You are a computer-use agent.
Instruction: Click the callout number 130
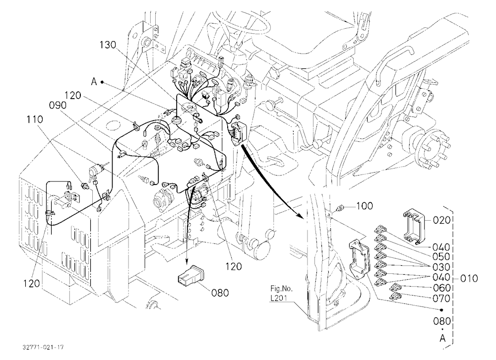click(x=108, y=45)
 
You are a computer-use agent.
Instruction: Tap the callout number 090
click(x=58, y=105)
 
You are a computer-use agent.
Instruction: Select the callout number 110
click(x=35, y=120)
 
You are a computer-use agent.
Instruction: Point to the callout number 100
click(x=365, y=206)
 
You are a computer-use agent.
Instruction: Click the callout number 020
click(x=441, y=220)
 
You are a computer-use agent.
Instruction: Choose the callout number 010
click(x=469, y=278)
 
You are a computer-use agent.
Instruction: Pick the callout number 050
click(x=441, y=256)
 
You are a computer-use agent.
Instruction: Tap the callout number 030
click(x=441, y=267)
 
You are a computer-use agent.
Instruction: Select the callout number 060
click(x=442, y=288)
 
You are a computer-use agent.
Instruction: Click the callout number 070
click(x=442, y=299)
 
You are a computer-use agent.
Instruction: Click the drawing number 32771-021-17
click(x=43, y=347)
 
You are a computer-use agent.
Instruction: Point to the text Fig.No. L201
click(x=281, y=293)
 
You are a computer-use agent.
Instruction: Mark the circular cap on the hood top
click(x=113, y=125)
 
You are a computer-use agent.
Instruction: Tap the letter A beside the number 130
click(x=94, y=82)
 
